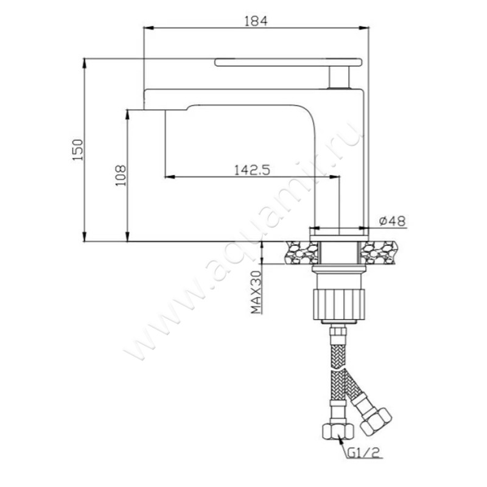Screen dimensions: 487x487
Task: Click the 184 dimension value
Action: tap(256, 21)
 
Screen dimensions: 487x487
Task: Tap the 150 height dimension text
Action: tap(78, 150)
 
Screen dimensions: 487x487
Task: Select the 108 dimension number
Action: tap(121, 175)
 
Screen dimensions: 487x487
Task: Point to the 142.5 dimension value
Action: tap(252, 170)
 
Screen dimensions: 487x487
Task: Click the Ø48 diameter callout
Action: tap(392, 221)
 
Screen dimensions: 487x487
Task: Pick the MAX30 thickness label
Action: tap(256, 292)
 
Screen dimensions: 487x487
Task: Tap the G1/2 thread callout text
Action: tap(363, 453)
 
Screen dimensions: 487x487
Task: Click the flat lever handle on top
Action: tap(288, 62)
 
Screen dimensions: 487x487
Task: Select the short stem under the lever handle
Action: tap(340, 77)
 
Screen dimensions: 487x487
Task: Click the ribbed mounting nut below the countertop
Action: tap(339, 304)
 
